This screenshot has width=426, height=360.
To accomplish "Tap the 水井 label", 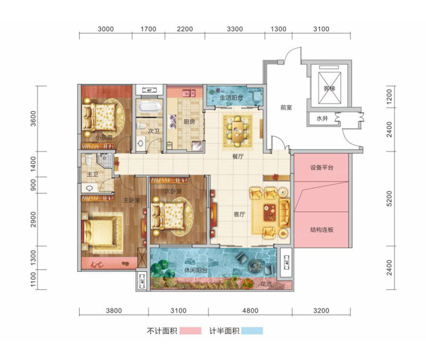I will (322, 119).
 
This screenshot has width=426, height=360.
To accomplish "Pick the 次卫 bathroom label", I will (154, 129).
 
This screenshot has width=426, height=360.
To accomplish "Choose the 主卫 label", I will (91, 174).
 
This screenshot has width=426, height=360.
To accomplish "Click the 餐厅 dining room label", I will (238, 157).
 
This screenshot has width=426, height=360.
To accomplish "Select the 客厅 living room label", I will (239, 215).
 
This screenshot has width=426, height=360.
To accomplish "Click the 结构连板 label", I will (321, 230).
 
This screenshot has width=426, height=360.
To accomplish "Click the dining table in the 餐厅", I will (235, 127).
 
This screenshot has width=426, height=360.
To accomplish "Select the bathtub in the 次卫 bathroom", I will (148, 108).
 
